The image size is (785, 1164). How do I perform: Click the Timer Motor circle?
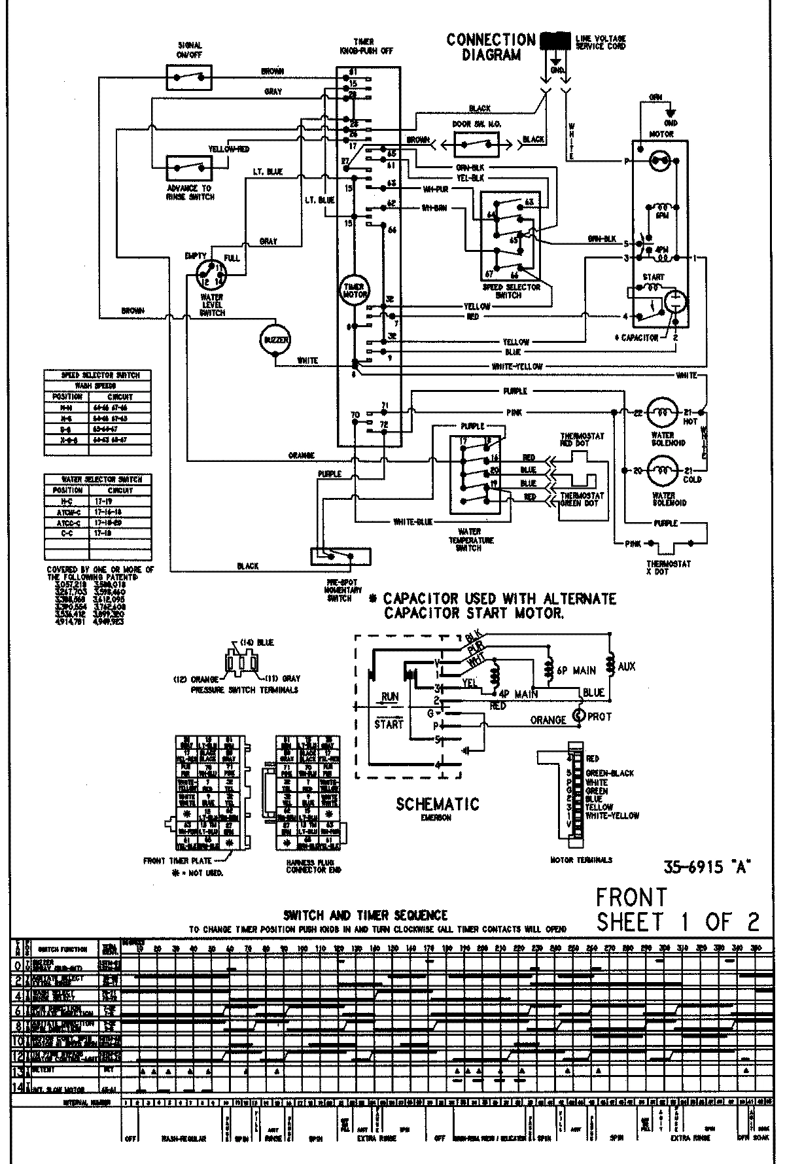tap(355, 289)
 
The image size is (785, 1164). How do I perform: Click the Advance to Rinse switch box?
tap(189, 168)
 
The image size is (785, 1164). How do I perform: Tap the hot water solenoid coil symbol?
tap(663, 412)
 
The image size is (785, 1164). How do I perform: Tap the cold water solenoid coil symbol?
tap(663, 470)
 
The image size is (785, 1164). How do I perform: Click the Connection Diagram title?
tap(491, 47)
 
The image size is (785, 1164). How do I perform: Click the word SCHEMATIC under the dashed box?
tap(437, 804)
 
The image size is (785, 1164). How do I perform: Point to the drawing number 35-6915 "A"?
tap(706, 868)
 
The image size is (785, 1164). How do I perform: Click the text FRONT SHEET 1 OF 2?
tap(676, 909)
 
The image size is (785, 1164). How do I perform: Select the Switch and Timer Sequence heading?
tap(366, 915)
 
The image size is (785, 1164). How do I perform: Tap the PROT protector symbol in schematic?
tap(578, 715)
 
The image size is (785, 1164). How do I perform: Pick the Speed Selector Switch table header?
tap(96, 376)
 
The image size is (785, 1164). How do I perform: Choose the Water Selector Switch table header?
tap(96, 479)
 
